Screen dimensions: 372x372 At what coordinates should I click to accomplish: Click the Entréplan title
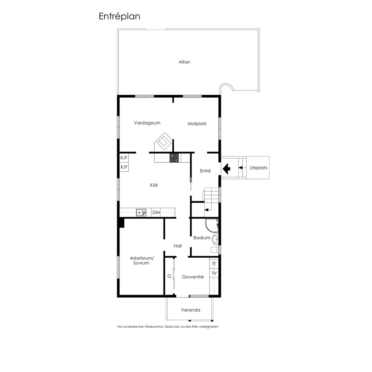119,17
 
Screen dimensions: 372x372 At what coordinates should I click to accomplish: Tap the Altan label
185,62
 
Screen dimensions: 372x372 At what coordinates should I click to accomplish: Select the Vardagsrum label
147,123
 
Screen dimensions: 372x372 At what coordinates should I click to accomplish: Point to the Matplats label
197,124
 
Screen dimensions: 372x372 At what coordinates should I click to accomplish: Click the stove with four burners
174,158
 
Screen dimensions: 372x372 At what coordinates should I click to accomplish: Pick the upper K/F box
124,158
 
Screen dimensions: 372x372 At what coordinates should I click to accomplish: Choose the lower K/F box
124,167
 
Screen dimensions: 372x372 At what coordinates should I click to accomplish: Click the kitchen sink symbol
141,212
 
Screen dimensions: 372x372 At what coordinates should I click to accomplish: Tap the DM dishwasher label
156,212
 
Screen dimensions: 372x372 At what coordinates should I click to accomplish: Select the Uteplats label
258,168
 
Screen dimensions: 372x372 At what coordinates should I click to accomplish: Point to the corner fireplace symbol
163,142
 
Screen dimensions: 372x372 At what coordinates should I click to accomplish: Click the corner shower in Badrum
211,225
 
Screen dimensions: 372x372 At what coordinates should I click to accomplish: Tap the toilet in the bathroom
215,250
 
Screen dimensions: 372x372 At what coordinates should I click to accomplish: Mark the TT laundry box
214,264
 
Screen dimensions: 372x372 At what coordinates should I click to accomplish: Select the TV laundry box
214,273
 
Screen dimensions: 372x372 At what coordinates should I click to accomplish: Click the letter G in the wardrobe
169,276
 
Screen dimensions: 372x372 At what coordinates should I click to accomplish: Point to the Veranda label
190,310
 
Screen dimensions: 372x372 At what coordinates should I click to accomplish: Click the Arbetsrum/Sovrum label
142,260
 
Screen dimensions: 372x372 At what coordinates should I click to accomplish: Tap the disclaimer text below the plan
167,327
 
